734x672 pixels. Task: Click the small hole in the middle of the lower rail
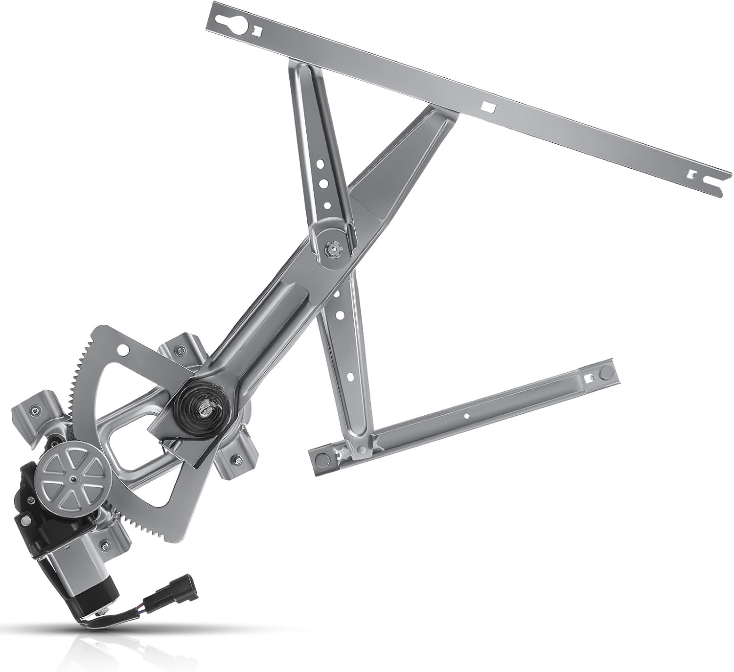click(x=466, y=416)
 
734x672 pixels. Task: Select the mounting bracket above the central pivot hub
click(x=180, y=350)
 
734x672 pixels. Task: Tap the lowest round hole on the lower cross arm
click(x=351, y=377)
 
